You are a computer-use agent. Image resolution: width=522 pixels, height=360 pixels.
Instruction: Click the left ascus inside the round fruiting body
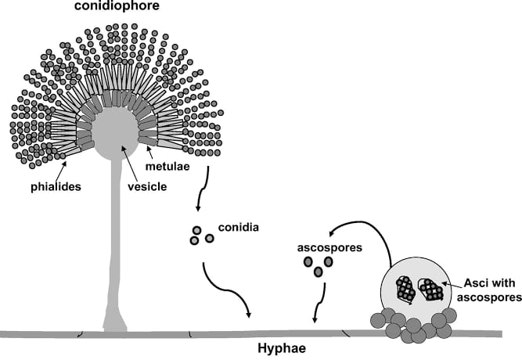[406, 289]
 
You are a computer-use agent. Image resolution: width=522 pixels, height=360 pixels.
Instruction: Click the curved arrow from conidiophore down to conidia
[202, 192]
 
